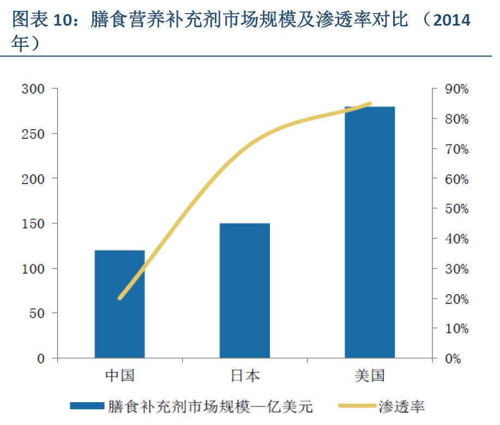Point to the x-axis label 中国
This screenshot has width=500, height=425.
[x=119, y=375]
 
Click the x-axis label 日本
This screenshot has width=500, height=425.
[x=244, y=375]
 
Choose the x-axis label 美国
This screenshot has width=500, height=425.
[x=370, y=375]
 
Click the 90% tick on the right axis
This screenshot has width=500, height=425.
[x=456, y=89]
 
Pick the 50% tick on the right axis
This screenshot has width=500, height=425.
[x=456, y=209]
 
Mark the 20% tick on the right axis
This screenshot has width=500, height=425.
[x=456, y=299]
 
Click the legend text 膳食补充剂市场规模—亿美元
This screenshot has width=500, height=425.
[x=210, y=406]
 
